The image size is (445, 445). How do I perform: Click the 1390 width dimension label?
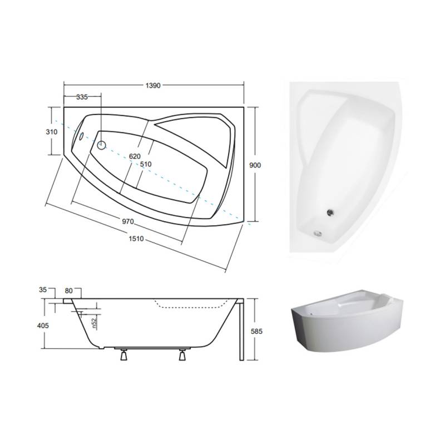153,86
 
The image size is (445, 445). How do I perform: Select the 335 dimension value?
82,97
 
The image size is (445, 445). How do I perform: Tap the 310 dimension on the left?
51,132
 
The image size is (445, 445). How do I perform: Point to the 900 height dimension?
255,165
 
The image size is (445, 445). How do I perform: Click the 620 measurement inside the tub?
135,156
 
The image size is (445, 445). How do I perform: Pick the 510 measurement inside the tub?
146,164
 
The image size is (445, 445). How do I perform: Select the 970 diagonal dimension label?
128,221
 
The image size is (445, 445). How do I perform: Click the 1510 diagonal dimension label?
136,239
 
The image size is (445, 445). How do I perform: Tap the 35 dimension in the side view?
43,290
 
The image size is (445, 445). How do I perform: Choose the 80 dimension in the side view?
68,290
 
